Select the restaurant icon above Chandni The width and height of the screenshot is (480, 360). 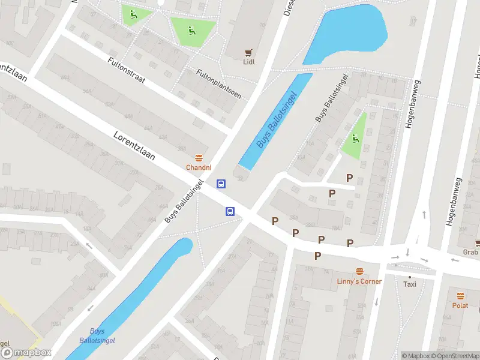click(199, 157)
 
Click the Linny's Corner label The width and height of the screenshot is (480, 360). click(359, 281)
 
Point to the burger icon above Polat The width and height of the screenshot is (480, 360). click(460, 296)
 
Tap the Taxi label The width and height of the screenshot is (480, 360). click(410, 284)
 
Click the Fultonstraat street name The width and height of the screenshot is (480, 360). click(127, 71)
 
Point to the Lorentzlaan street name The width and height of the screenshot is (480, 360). click(134, 146)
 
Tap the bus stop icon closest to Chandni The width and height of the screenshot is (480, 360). click(221, 184)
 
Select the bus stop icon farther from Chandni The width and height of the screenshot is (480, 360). click(230, 211)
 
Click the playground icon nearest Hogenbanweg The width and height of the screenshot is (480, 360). click(356, 140)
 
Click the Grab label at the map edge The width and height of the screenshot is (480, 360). click(471, 252)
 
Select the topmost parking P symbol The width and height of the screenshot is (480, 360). click(349, 178)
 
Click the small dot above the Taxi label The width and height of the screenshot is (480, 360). click(410, 277)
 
